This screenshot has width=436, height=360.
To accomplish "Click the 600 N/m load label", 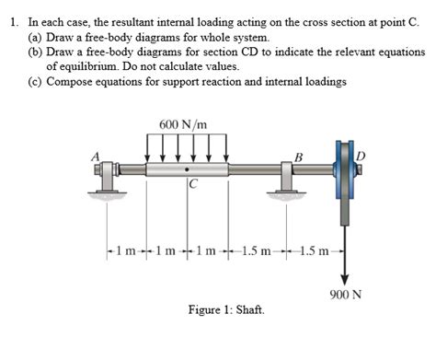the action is click(x=182, y=124).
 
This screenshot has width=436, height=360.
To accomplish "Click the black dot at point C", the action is click(x=189, y=170).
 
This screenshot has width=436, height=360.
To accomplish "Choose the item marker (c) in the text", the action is click(x=34, y=82).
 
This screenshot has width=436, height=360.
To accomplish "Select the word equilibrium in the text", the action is click(x=79, y=67).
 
